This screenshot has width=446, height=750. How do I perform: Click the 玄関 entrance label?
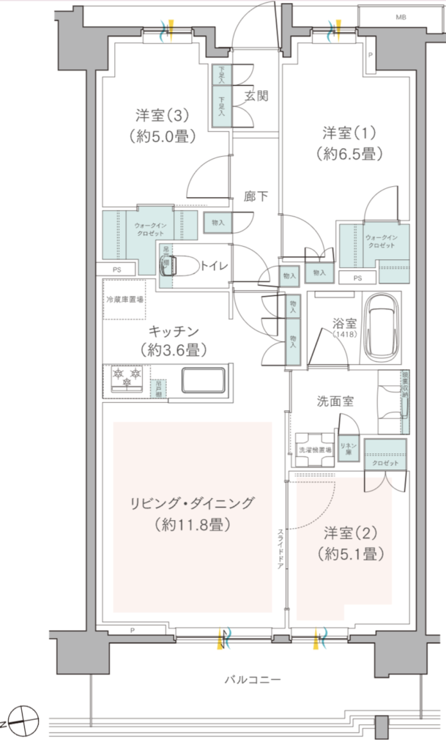click(x=256, y=95)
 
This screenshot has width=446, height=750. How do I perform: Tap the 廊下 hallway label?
click(x=256, y=196)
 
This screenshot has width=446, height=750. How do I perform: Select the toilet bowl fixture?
click(x=189, y=266)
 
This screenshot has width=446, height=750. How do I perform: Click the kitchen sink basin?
click(x=203, y=381)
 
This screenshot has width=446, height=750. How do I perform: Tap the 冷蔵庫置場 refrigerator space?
click(x=124, y=300)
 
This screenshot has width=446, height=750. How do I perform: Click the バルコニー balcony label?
click(x=252, y=680)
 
